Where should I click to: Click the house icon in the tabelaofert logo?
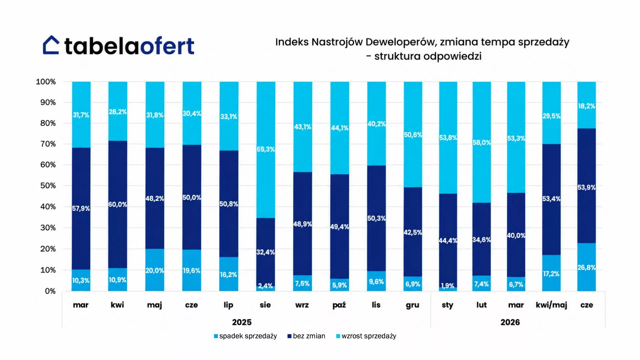[x=51, y=45]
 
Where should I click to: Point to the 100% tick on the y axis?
[x=46, y=82]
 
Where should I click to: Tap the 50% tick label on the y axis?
[x=48, y=186]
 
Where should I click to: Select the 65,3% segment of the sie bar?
[x=266, y=150]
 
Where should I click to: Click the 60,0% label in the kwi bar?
[x=118, y=204]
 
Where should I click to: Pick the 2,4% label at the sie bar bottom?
[x=266, y=286]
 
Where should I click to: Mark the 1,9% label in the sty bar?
[x=448, y=286]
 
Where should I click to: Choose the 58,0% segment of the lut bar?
[x=482, y=142]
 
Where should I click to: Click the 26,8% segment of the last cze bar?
[x=587, y=267]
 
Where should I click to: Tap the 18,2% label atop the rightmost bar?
[x=587, y=106]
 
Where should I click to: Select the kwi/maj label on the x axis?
[x=551, y=305]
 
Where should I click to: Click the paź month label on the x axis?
[x=339, y=305]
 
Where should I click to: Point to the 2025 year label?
[x=242, y=322]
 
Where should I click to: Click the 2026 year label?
[x=510, y=322]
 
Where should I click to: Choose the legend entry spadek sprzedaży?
[x=245, y=336]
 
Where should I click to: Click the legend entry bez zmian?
[x=306, y=336]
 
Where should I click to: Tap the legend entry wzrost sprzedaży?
[x=366, y=336]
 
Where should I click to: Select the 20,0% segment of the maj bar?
[x=155, y=270]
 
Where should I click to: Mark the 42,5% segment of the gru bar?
[x=413, y=232]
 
